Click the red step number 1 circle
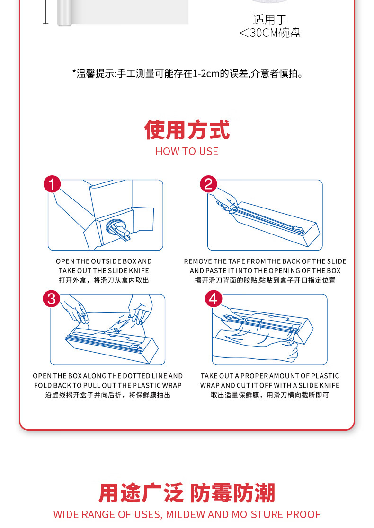pos(52,184)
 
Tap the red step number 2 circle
pos(208,184)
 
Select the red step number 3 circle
pos(52,299)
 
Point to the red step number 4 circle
pos(214,298)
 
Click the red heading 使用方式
pos(187,130)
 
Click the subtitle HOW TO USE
pos(187,152)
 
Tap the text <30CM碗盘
pos(270,33)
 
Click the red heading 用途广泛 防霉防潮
pos(187,493)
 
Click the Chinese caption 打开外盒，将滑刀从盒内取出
pos(104,280)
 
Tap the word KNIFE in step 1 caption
pos(139,271)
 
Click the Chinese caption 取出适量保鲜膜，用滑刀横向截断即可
pos(270,395)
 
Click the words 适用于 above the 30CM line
pos(269,19)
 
